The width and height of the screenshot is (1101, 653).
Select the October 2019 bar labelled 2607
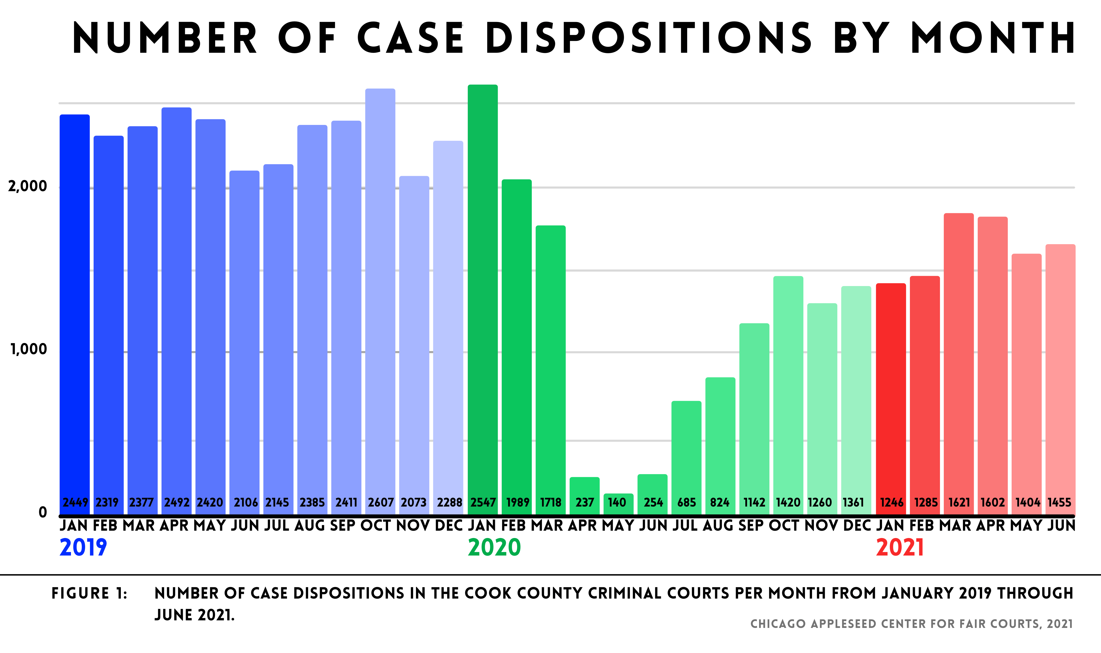click(x=380, y=299)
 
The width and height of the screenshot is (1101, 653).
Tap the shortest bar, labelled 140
click(x=618, y=504)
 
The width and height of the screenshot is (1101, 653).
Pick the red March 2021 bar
click(x=959, y=361)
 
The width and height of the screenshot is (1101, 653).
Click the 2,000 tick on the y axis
click(x=27, y=186)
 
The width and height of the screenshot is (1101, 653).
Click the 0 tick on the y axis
click(x=43, y=512)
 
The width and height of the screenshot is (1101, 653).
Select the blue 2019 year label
click(x=83, y=548)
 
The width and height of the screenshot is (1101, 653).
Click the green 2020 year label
click(x=494, y=548)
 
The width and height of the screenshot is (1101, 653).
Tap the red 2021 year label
click(x=900, y=548)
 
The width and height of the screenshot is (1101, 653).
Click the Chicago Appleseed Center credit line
click(x=912, y=624)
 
